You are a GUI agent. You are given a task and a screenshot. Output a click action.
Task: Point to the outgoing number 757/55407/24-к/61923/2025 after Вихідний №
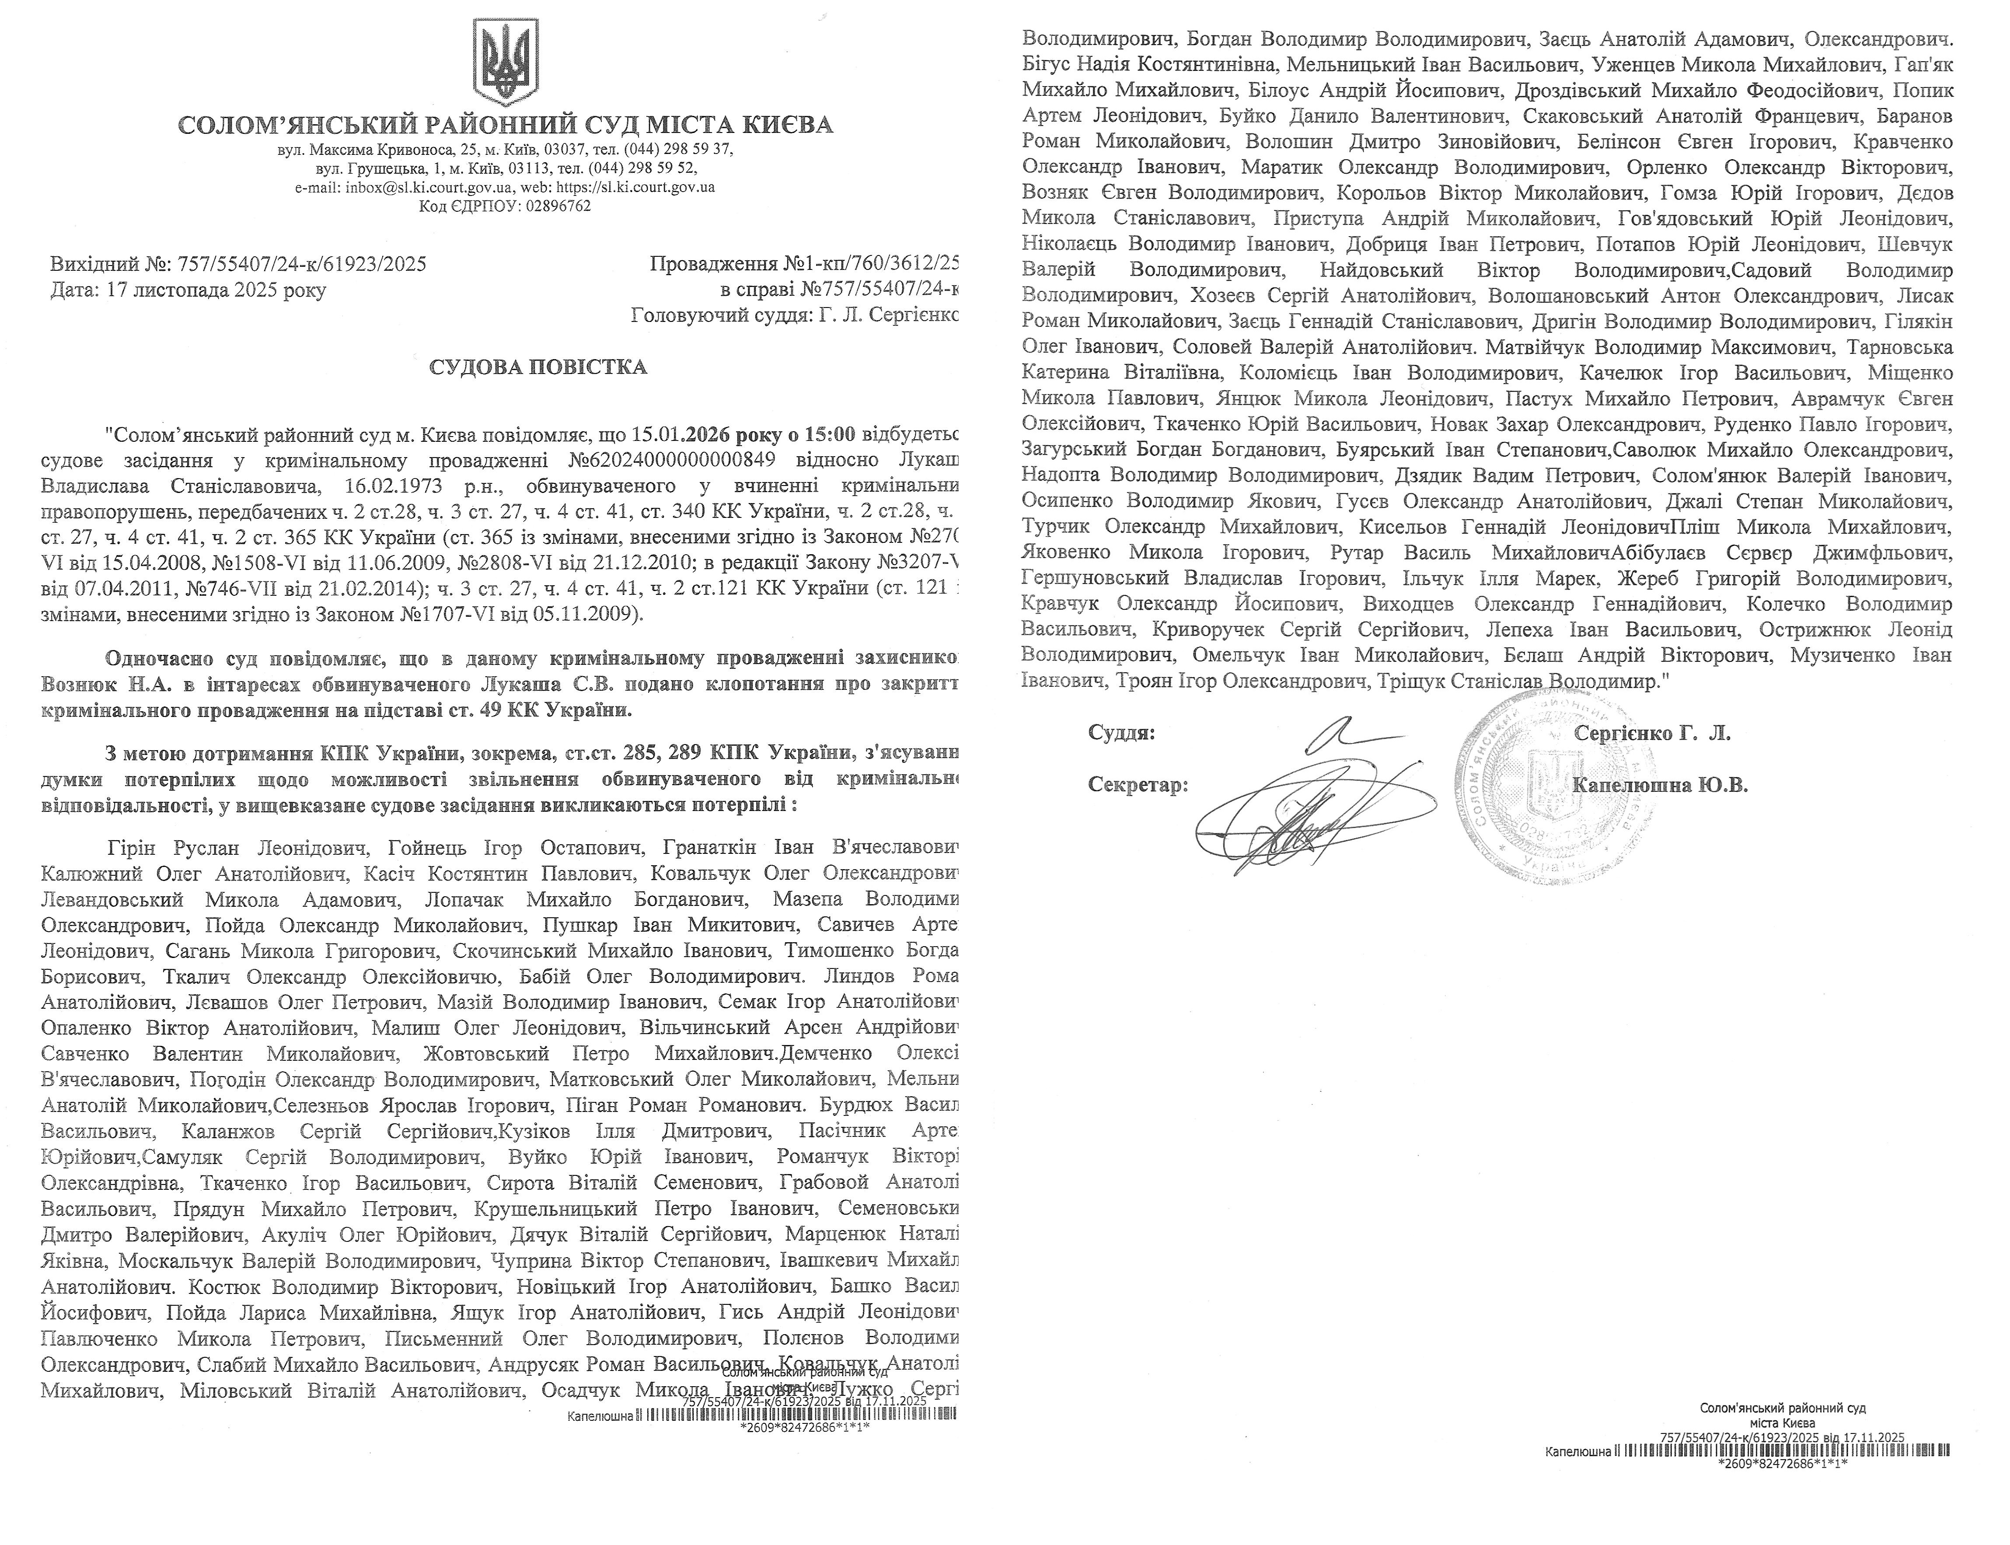pyautogui.click(x=300, y=265)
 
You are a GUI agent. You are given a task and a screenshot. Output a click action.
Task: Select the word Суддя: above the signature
pyautogui.click(x=1122, y=733)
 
